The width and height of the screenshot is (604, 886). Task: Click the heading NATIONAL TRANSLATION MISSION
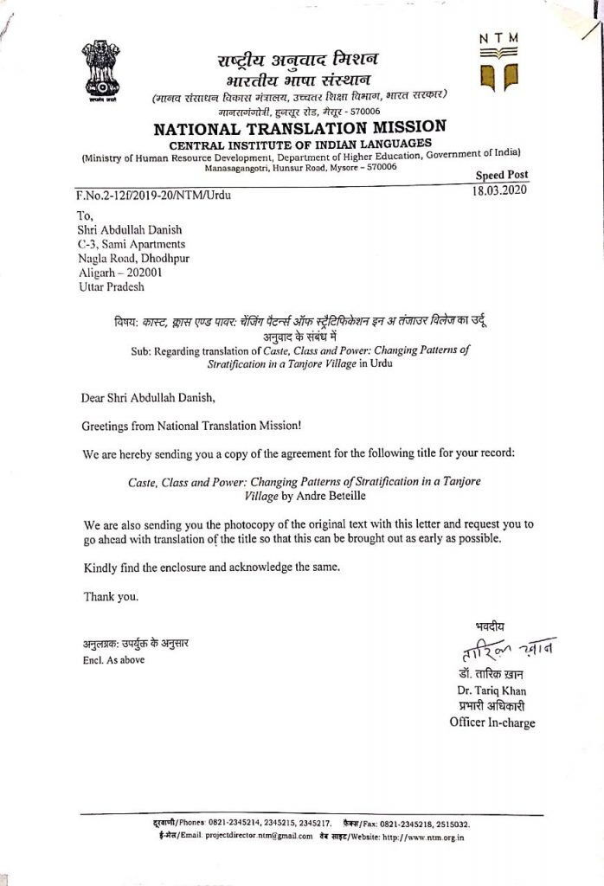coord(299,128)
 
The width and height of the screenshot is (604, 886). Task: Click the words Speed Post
coord(502,176)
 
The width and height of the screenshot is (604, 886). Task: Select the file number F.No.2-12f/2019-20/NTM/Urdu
coord(154,195)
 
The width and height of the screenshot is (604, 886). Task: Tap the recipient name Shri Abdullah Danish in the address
coord(131,230)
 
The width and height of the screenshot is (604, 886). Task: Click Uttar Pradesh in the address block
coord(112,286)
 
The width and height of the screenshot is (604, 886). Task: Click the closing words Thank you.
coord(111,596)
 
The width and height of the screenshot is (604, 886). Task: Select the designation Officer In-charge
coord(492,722)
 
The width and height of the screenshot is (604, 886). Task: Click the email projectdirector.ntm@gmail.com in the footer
coord(246,837)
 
